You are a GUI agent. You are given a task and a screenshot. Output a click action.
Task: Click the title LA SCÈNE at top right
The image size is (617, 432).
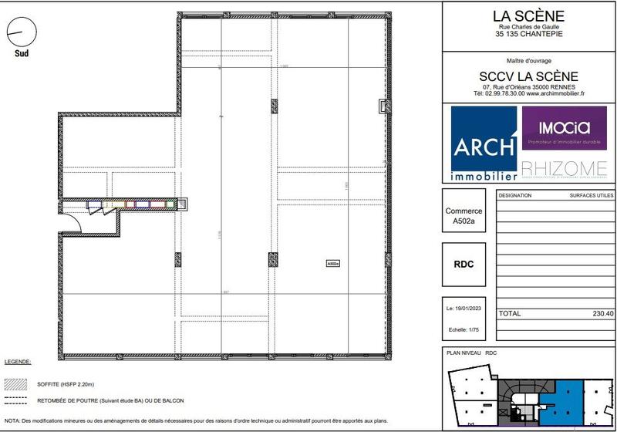(528, 15)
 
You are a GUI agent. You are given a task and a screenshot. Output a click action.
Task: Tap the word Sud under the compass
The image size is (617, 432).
(22, 53)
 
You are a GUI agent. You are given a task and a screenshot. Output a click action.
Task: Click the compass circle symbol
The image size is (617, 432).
(22, 32)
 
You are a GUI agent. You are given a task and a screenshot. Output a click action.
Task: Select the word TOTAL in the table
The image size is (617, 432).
(510, 314)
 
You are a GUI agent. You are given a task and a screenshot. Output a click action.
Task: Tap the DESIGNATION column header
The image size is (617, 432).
(515, 195)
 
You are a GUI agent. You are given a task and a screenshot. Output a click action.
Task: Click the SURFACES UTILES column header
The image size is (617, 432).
(592, 195)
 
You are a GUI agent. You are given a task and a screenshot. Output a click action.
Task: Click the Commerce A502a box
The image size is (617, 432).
(464, 216)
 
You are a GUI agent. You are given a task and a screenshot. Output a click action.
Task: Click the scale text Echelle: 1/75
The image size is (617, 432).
(464, 328)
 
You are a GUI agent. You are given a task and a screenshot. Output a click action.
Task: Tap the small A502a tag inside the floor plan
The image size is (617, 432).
(333, 263)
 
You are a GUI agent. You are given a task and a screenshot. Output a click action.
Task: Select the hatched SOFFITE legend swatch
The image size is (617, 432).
(15, 383)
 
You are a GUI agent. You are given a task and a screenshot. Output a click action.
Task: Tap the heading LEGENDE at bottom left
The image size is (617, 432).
(18, 362)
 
